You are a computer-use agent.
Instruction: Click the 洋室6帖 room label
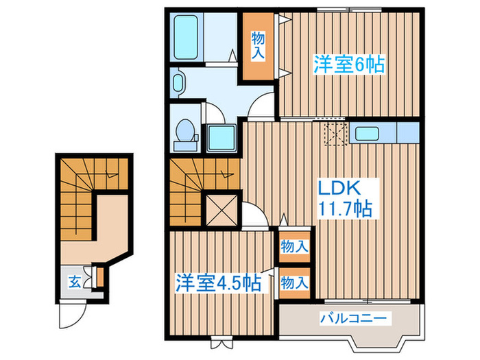(348, 64)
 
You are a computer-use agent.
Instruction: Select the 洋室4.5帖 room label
(218, 282)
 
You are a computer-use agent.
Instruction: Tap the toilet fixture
(184, 131)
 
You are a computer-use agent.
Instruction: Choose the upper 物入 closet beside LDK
(294, 245)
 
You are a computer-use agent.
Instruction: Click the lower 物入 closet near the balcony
(294, 282)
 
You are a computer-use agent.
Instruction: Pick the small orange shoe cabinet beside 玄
(99, 277)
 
